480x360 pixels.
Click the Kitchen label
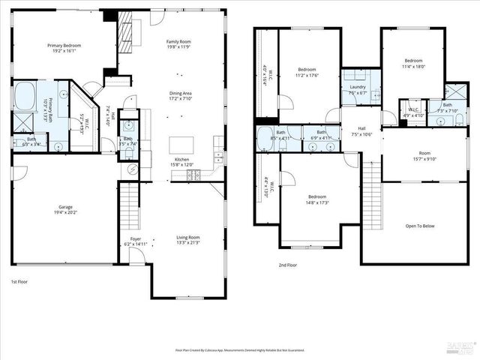182,160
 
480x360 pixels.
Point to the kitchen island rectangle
180,144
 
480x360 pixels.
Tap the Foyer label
131,240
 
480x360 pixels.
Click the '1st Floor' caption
19,280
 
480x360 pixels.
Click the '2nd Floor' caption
287,265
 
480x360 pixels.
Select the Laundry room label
357,87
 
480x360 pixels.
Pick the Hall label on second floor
361,128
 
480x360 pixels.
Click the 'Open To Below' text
420,225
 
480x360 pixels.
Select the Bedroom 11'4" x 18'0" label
414,62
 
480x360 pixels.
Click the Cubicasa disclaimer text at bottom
240,349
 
